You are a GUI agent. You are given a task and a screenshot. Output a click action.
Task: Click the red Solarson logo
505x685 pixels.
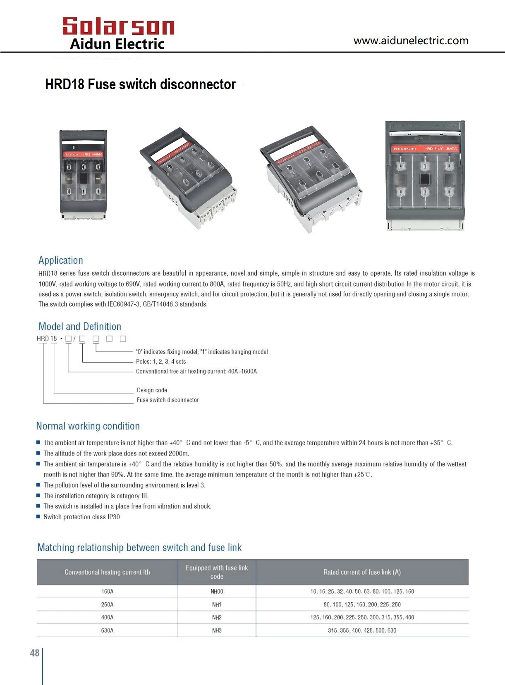118,26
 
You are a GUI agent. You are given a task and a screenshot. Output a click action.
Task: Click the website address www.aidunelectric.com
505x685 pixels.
411,41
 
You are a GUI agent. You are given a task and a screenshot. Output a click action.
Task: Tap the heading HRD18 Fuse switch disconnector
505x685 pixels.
140,84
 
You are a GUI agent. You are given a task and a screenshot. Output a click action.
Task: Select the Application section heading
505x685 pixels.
61,260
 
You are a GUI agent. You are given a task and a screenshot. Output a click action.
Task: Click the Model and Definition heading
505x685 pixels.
80,326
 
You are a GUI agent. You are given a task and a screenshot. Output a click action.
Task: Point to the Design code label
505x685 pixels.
152,390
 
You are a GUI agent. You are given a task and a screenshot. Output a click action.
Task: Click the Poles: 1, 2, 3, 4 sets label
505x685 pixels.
161,361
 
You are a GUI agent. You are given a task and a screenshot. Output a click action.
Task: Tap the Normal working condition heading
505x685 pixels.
88,426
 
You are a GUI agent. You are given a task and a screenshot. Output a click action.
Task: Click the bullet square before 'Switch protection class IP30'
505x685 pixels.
38,516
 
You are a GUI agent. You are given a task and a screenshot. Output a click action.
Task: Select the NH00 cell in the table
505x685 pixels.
217,591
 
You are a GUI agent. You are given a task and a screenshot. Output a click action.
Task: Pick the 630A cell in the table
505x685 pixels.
107,630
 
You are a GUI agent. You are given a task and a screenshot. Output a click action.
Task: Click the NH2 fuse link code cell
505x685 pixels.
217,617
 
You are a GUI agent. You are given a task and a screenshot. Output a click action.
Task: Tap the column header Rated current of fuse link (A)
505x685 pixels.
362,572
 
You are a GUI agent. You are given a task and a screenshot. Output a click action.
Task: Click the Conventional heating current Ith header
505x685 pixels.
107,572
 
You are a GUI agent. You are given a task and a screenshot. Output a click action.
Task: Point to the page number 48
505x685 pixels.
35,653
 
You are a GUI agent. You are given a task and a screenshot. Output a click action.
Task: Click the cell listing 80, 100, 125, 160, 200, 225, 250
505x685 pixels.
362,604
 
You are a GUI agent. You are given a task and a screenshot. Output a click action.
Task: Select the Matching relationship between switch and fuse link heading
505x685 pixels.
139,547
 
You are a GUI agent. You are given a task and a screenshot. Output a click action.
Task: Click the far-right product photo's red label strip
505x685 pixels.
424,148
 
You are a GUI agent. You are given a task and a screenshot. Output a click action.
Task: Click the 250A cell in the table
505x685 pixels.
107,604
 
